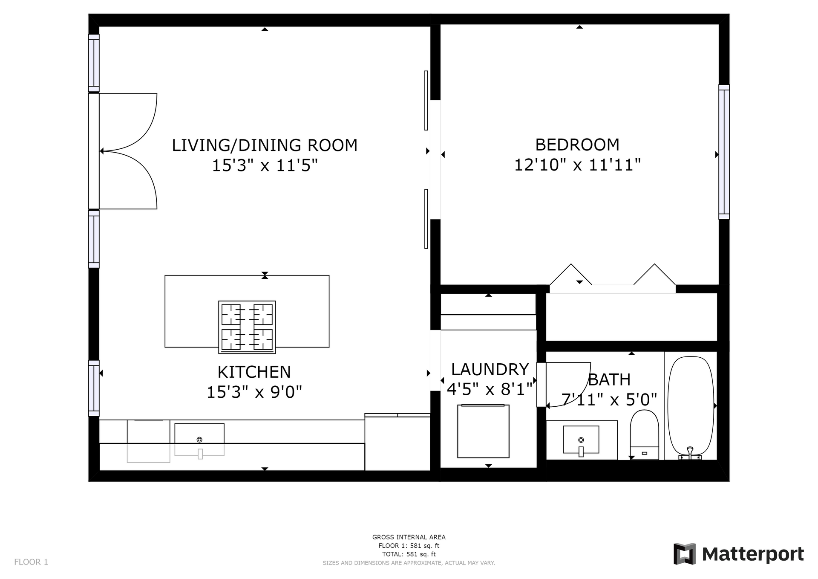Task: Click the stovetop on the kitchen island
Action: click(x=247, y=327)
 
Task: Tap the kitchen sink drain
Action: click(x=199, y=440)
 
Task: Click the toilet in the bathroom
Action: click(x=644, y=434)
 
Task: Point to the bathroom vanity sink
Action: click(x=581, y=440)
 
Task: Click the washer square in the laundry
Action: click(x=484, y=431)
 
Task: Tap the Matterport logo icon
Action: click(x=684, y=554)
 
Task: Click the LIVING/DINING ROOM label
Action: click(x=265, y=145)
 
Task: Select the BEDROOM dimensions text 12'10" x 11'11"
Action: click(x=577, y=165)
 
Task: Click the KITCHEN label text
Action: click(x=254, y=372)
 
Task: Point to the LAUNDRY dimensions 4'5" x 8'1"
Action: click(x=490, y=389)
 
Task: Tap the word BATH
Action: click(x=609, y=380)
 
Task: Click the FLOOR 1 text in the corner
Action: click(x=31, y=562)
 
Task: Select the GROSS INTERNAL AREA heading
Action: click(x=409, y=537)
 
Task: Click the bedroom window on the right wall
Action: click(x=724, y=152)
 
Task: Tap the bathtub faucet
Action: click(x=690, y=453)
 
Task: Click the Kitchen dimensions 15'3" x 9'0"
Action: click(x=254, y=392)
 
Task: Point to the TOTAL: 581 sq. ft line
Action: click(x=409, y=554)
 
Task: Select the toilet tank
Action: click(x=644, y=453)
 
